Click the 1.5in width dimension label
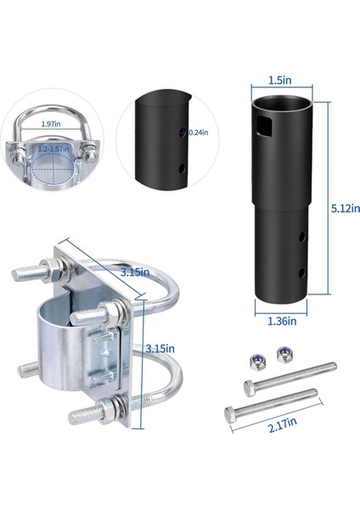point(279,81)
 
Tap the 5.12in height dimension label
point(346,208)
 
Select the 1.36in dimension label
point(282,321)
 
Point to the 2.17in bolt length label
point(283,425)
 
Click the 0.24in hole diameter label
point(198,132)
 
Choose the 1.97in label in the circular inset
point(51,124)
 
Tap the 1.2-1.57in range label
point(53,149)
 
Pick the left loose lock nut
point(256,361)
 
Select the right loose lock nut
point(285,355)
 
